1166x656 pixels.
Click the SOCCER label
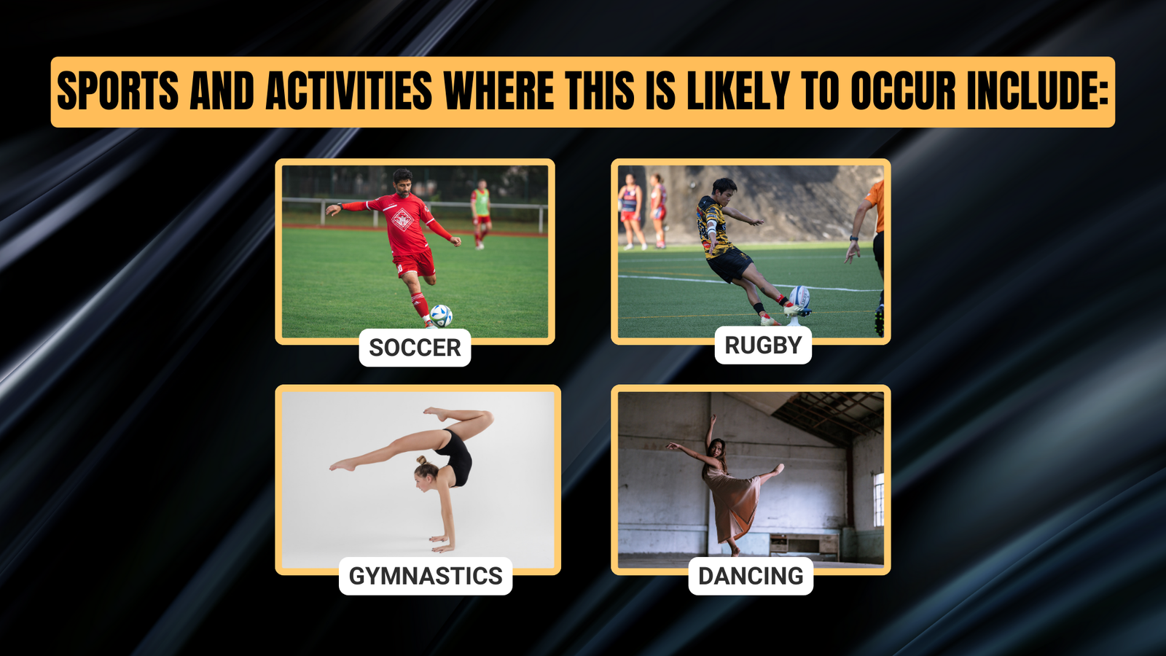(x=415, y=347)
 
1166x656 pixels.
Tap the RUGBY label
(x=763, y=345)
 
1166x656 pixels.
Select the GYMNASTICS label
(x=426, y=576)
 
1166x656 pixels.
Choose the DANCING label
(x=751, y=576)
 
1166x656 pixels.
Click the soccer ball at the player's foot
(x=441, y=316)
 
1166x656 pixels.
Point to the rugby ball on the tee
(x=799, y=297)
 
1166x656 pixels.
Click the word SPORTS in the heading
(x=117, y=91)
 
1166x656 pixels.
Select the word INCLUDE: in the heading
(x=1038, y=91)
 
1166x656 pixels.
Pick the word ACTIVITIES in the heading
(x=349, y=91)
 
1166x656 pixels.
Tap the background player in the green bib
(x=481, y=214)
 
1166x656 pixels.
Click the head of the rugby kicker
(x=724, y=192)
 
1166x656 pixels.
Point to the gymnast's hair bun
(x=421, y=460)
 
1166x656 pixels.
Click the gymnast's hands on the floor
(x=442, y=544)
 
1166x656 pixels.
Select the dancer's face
(x=718, y=449)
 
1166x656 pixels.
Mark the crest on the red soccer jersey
(x=402, y=219)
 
